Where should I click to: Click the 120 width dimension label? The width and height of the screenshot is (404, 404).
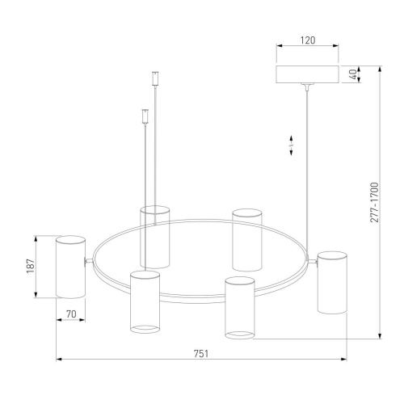click(x=308, y=40)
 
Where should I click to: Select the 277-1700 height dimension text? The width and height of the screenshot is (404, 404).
click(x=374, y=202)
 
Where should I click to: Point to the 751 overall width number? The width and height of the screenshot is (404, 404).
click(x=201, y=354)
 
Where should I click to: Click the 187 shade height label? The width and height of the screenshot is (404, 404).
click(x=31, y=266)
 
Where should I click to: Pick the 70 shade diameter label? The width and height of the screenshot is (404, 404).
click(x=71, y=314)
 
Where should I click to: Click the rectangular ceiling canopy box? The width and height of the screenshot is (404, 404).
click(x=308, y=74)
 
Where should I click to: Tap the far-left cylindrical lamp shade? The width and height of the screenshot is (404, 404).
click(x=70, y=267)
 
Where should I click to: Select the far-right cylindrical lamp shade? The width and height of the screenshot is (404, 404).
click(x=332, y=283)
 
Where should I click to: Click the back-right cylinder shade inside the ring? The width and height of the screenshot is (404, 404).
click(x=246, y=240)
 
